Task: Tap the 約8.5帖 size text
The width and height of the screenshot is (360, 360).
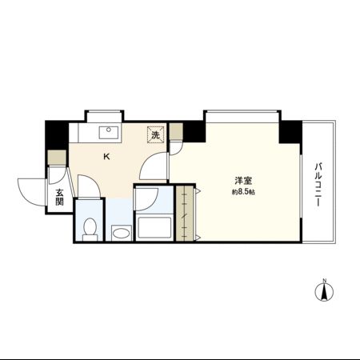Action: [x=243, y=193]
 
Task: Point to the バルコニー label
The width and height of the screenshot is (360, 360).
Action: [x=318, y=185]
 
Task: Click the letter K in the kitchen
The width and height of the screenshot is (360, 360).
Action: [x=106, y=157]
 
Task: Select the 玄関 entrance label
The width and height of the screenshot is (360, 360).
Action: [x=60, y=196]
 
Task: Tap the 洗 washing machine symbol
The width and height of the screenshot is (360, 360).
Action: [x=155, y=134]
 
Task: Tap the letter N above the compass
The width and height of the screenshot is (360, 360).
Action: [x=324, y=280]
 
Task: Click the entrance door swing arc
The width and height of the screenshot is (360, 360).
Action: [x=30, y=190]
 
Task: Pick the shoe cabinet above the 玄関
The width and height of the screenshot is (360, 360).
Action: [x=56, y=158]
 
